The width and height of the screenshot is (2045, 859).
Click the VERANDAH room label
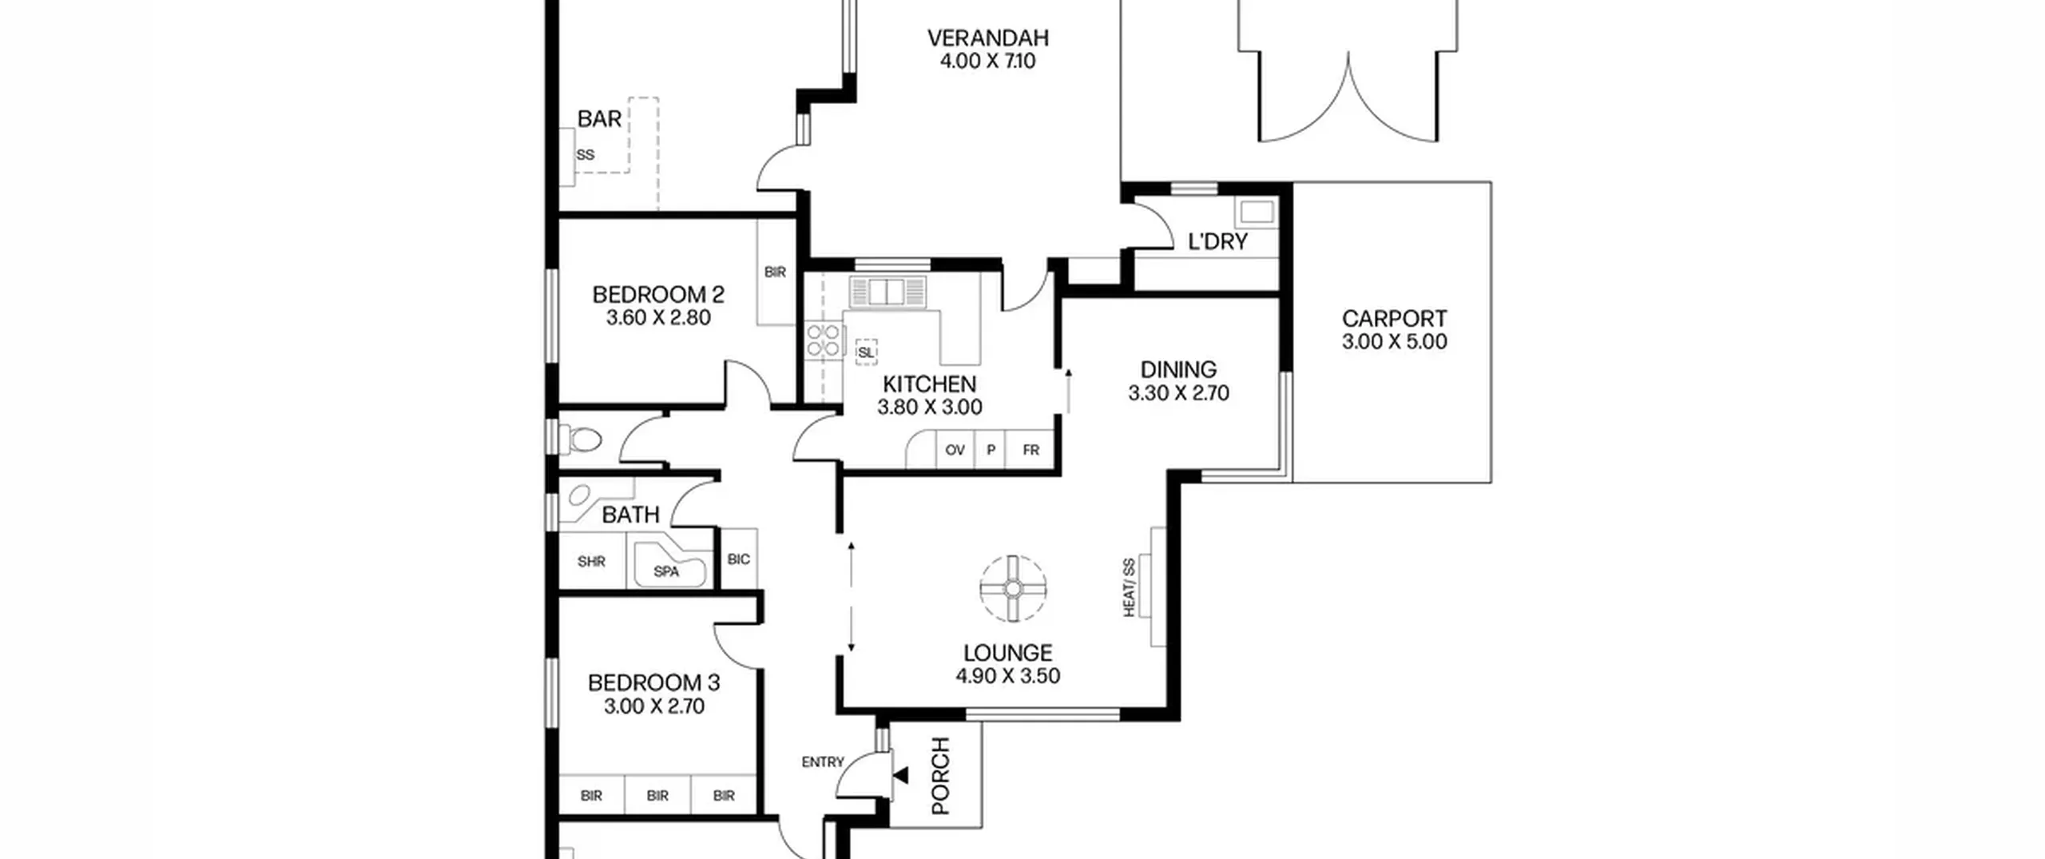pyautogui.click(x=987, y=38)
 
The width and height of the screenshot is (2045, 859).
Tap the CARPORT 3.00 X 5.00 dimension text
pyautogui.click(x=1394, y=342)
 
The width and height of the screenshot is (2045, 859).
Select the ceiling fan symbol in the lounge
pyautogui.click(x=1013, y=589)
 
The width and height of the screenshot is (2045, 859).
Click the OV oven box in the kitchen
pyautogui.click(x=955, y=450)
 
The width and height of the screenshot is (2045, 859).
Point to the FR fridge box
pyautogui.click(x=1030, y=450)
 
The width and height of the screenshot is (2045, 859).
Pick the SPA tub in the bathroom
pyautogui.click(x=669, y=564)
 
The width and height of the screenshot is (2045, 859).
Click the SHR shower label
pyautogui.click(x=591, y=562)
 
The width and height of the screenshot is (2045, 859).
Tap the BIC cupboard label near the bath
pyautogui.click(x=738, y=559)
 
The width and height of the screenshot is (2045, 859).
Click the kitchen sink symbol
pyautogui.click(x=887, y=292)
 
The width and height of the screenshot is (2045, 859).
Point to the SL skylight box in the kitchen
pyautogui.click(x=866, y=352)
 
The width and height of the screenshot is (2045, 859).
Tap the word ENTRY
pyautogui.click(x=823, y=762)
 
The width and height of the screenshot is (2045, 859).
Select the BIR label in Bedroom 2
pyautogui.click(x=775, y=272)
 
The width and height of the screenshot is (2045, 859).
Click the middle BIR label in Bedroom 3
pyautogui.click(x=657, y=796)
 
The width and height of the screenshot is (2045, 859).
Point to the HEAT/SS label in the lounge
pyautogui.click(x=1130, y=587)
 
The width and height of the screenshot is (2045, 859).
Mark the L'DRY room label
pyautogui.click(x=1217, y=242)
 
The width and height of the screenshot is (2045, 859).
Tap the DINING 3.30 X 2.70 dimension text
pyautogui.click(x=1178, y=393)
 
